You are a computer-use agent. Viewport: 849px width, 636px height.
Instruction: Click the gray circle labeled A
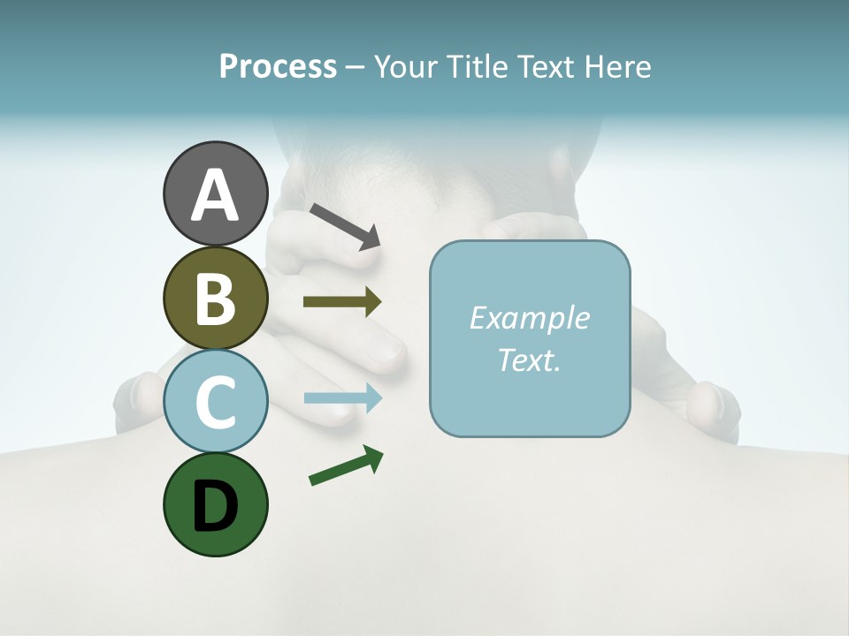[x=215, y=193]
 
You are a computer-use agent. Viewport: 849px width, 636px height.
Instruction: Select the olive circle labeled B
[x=215, y=299]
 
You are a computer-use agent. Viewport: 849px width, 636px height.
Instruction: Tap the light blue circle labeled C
[x=215, y=401]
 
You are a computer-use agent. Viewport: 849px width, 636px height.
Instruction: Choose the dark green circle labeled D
[x=215, y=504]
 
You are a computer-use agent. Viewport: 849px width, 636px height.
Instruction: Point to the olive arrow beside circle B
[x=341, y=302]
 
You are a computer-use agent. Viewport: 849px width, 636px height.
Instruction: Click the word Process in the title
[x=278, y=66]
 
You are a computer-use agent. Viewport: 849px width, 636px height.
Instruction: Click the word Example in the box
[x=529, y=318]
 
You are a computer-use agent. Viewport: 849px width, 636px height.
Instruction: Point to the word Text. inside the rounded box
[x=529, y=360]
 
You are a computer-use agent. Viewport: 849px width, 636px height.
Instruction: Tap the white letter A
[x=215, y=195]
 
